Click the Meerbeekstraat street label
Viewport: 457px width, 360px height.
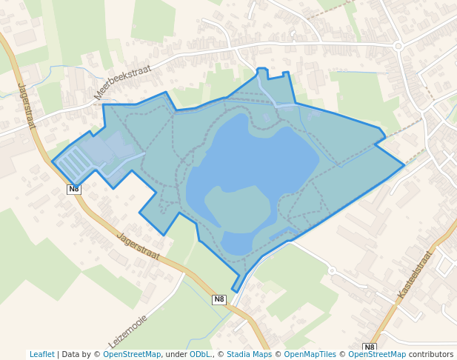point(122,82)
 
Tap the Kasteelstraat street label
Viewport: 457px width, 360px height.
point(414,275)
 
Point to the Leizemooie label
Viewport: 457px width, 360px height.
point(128,331)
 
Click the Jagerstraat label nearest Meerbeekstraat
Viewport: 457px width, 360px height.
point(27,106)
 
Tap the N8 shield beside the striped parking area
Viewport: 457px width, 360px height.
point(73,189)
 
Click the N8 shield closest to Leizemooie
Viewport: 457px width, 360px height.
point(219,299)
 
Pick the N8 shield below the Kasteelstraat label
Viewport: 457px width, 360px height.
point(370,347)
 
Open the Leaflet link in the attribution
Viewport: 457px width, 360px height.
point(41,354)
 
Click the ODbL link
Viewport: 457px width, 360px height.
point(199,354)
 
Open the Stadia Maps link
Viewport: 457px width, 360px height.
point(249,354)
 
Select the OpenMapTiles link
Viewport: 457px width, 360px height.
point(304,354)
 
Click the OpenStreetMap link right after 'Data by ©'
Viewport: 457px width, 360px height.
point(132,354)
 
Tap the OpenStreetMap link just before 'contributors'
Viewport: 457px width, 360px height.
point(377,354)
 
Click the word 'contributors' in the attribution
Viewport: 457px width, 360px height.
point(431,354)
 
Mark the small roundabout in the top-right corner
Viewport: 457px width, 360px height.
point(398,46)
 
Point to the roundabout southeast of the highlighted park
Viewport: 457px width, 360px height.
point(332,270)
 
